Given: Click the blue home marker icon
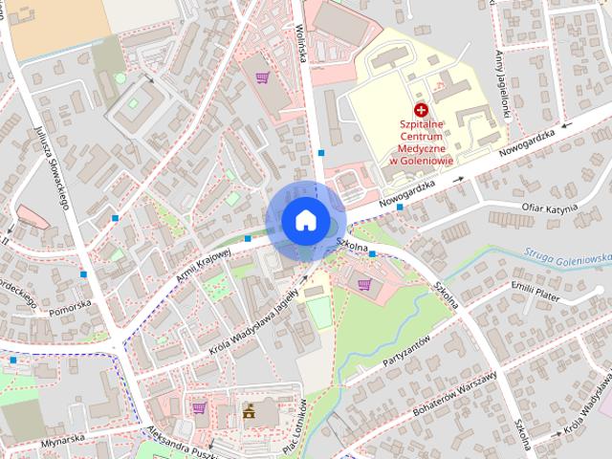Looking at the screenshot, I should (305, 220).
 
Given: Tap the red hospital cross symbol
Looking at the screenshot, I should (421, 111).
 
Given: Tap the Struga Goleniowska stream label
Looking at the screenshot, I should (568, 256).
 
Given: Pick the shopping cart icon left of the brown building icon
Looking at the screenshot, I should (199, 408).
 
